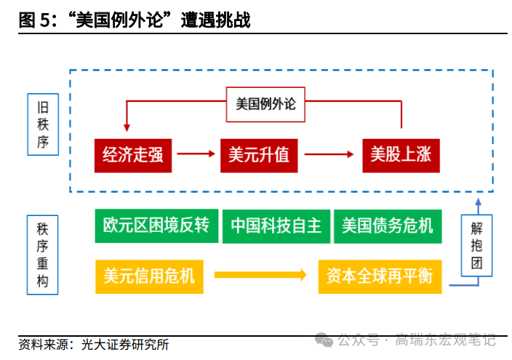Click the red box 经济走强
click(133, 155)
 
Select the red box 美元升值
click(258, 155)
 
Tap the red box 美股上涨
click(401, 155)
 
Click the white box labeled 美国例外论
click(266, 104)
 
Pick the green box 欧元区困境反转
click(156, 225)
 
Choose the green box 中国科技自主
click(276, 225)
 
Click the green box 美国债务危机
click(387, 225)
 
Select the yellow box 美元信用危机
click(149, 276)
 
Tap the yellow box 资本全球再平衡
click(380, 276)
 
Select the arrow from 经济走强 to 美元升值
click(197, 154)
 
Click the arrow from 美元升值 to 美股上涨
click(331, 154)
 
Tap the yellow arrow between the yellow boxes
click(260, 276)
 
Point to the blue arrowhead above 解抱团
click(476, 203)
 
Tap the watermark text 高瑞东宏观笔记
click(445, 340)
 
